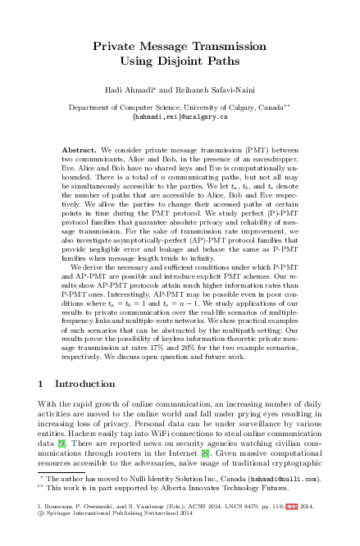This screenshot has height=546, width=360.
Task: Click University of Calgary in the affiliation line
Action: click(219, 107)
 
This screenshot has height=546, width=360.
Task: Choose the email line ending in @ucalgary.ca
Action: click(180, 116)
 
